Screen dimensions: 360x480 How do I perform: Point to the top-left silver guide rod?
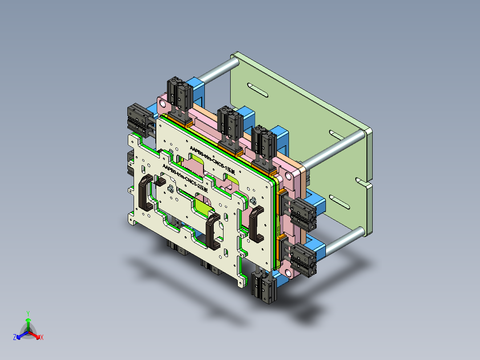click(x=218, y=71)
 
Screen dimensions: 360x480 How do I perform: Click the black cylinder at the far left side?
click(x=138, y=118)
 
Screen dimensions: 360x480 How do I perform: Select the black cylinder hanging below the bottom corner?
click(x=262, y=286)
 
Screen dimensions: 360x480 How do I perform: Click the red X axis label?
click(x=42, y=338)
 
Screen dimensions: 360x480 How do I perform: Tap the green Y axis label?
click(x=28, y=313)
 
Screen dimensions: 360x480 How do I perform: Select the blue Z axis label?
click(x=15, y=338)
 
